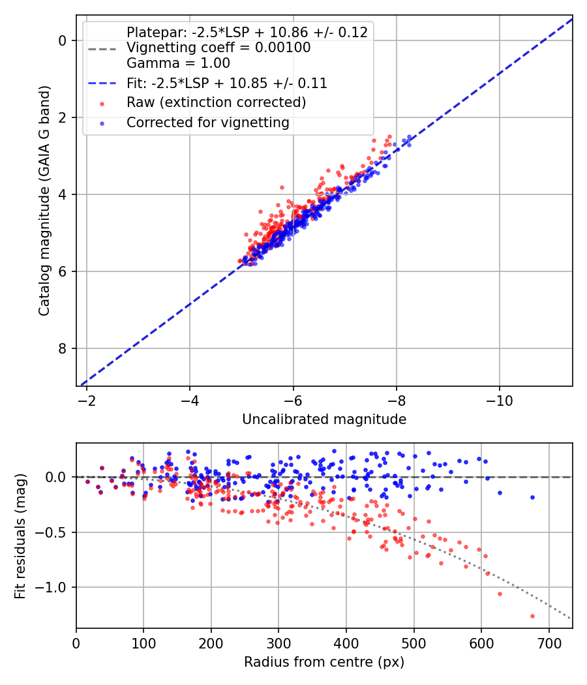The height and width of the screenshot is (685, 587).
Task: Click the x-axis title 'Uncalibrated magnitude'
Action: click(324, 419)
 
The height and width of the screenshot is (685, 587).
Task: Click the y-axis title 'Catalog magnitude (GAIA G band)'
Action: click(44, 200)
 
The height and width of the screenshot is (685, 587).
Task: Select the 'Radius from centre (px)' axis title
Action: click(324, 662)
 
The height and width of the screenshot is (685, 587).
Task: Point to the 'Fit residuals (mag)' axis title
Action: click(20, 536)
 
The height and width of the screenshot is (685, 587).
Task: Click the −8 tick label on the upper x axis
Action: click(396, 401)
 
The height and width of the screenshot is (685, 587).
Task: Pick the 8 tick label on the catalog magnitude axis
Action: click(62, 348)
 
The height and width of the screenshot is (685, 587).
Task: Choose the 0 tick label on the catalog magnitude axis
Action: click(62, 40)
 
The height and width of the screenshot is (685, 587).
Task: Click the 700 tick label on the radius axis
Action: click(549, 643)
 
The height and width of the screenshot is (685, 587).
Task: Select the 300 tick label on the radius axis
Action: click(278, 643)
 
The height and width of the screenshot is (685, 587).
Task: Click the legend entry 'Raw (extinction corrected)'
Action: click(216, 102)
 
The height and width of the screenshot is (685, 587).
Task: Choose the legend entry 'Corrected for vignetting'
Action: click(208, 123)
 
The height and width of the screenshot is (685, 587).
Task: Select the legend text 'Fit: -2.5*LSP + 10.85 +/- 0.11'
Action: click(227, 83)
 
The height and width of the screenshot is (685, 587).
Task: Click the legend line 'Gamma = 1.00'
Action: click(178, 63)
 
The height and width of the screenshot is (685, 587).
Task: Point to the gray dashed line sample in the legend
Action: click(102, 49)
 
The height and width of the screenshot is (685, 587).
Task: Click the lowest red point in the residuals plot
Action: click(532, 616)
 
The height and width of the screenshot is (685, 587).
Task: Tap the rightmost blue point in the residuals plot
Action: click(532, 497)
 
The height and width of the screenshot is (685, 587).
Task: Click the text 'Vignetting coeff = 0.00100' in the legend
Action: click(218, 48)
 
